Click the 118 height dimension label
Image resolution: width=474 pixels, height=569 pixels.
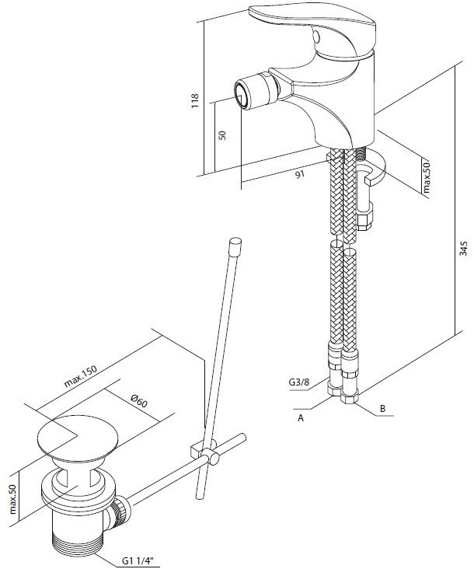(x=195, y=101)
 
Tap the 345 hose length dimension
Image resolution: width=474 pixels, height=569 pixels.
(x=463, y=249)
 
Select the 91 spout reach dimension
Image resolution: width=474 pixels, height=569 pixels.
(x=300, y=174)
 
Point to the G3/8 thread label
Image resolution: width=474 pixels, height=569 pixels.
(x=299, y=382)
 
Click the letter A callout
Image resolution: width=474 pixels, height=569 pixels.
(x=300, y=418)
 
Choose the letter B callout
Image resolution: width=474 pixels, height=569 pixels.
(x=382, y=409)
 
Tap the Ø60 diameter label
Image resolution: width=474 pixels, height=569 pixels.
(x=139, y=400)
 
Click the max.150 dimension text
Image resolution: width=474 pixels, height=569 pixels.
(x=81, y=376)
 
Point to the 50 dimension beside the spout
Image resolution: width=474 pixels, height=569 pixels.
(x=223, y=135)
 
